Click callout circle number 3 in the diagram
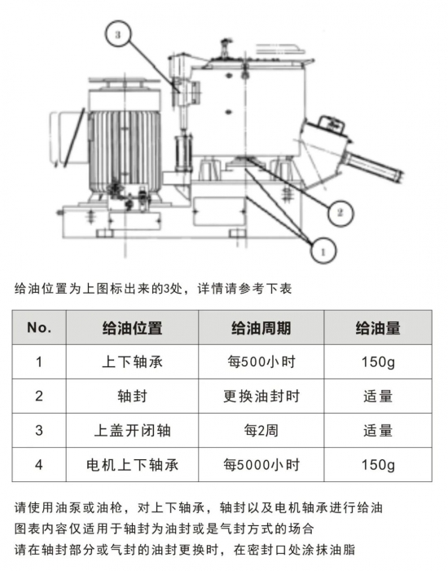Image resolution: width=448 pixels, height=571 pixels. click(117, 34)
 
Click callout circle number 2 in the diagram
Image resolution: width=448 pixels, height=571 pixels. click(340, 213)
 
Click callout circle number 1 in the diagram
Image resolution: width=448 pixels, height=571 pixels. click(323, 250)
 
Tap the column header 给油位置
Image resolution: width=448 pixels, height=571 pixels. click(132, 328)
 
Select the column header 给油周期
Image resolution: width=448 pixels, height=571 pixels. click(261, 328)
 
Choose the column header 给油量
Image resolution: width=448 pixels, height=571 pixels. click(378, 328)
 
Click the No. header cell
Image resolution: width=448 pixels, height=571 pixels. click(39, 328)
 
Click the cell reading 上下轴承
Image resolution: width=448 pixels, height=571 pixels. click(132, 362)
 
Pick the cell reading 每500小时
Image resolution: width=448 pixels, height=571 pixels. click(261, 362)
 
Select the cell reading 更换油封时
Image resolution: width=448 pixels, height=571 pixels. click(261, 396)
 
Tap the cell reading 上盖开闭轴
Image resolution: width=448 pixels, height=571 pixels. click(132, 431)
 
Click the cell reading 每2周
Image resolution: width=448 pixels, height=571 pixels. click(261, 431)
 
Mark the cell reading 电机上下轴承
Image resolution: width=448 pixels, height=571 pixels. click(132, 465)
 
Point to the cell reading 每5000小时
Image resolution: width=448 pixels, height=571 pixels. click(261, 465)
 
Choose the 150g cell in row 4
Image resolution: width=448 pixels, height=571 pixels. click(378, 465)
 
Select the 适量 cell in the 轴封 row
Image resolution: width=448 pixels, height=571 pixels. click(378, 396)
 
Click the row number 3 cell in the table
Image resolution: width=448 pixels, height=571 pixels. click(39, 431)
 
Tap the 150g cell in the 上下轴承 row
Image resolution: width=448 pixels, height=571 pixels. click(378, 362)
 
